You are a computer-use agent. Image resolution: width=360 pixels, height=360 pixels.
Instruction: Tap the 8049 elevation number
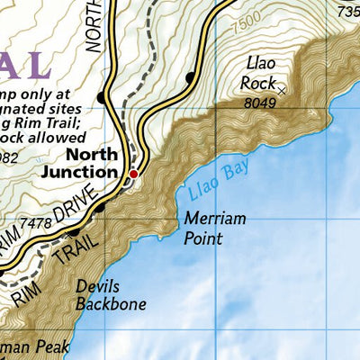click(x=259, y=103)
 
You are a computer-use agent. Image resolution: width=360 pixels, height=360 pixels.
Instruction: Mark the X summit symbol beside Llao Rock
click(x=282, y=90)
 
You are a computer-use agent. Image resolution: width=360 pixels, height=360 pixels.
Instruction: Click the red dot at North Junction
click(x=133, y=174)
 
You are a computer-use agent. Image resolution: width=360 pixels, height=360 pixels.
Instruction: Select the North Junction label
click(x=79, y=162)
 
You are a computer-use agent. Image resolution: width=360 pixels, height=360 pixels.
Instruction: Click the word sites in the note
click(x=80, y=105)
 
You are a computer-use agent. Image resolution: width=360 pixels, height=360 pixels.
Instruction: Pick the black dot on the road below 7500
click(x=190, y=78)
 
